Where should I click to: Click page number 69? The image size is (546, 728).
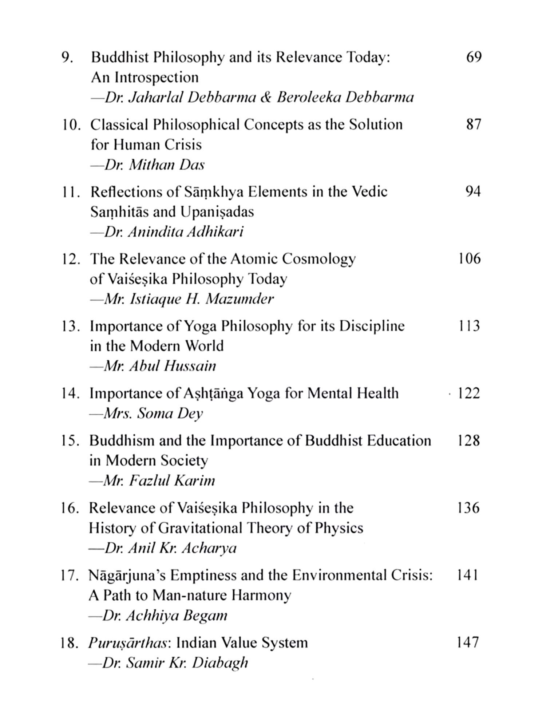coord(474,57)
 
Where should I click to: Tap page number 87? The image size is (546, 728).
coord(474,124)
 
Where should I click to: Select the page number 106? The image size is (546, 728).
coord(469,259)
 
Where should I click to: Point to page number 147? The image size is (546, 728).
coord(468,642)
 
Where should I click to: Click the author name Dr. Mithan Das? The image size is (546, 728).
coord(148,165)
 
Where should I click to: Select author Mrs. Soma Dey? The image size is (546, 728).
coord(146,414)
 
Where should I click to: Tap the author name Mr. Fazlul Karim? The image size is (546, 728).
coord(152,481)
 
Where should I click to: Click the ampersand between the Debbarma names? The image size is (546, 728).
coord(266,98)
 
